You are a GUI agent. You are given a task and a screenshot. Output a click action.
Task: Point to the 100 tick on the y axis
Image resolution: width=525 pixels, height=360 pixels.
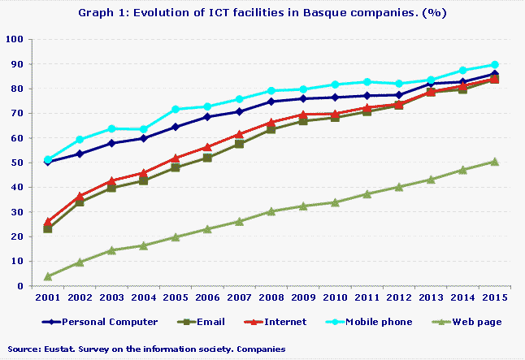point(15,39)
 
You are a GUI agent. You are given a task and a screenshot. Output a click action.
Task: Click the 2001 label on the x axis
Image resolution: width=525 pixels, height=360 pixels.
point(48,299)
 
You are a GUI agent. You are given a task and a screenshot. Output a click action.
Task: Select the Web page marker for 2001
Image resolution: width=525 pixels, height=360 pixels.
point(48,276)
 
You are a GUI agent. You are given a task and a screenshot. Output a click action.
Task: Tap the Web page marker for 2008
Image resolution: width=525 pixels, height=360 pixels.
point(271,211)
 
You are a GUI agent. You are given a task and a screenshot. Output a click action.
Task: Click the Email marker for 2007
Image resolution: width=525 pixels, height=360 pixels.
point(239,144)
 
